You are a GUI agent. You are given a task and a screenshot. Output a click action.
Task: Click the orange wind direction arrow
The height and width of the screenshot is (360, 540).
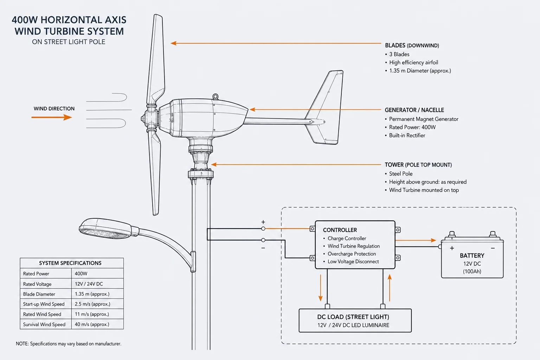click(x=52, y=117)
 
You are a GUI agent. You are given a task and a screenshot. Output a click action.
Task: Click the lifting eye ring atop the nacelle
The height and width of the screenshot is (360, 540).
click(x=215, y=97)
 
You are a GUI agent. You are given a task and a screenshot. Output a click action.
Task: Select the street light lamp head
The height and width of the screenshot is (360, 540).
click(x=105, y=229)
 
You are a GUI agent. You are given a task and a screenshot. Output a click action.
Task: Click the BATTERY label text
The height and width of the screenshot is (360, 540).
click(x=472, y=256)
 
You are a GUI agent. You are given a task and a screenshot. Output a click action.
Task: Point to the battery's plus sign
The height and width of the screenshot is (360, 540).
click(x=452, y=248)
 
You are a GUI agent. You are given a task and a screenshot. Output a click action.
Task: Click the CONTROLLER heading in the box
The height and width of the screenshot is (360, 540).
click(x=340, y=230)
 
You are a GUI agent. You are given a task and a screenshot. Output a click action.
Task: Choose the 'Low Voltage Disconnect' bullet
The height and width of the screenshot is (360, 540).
click(x=353, y=262)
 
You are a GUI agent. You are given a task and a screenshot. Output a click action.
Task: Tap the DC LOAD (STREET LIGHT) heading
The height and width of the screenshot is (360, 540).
click(x=353, y=317)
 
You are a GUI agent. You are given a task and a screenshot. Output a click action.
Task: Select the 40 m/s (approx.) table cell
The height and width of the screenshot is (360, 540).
click(x=92, y=324)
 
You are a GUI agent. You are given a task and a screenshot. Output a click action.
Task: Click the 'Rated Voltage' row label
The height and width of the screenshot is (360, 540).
click(x=37, y=284)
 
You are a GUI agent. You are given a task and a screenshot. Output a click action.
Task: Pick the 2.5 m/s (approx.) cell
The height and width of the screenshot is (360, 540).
click(x=92, y=304)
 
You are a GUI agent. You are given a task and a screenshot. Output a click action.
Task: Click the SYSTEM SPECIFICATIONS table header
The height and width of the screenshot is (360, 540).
click(x=70, y=263)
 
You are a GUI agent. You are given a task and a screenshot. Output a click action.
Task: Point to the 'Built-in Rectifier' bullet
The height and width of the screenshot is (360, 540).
click(x=407, y=135)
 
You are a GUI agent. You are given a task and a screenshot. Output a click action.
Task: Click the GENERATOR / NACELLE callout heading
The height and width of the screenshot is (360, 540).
click(x=414, y=110)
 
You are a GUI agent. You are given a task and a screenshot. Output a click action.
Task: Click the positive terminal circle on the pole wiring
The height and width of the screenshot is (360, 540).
click(x=263, y=229)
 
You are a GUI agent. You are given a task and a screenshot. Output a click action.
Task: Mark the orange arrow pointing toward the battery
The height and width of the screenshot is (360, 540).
click(x=416, y=240)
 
